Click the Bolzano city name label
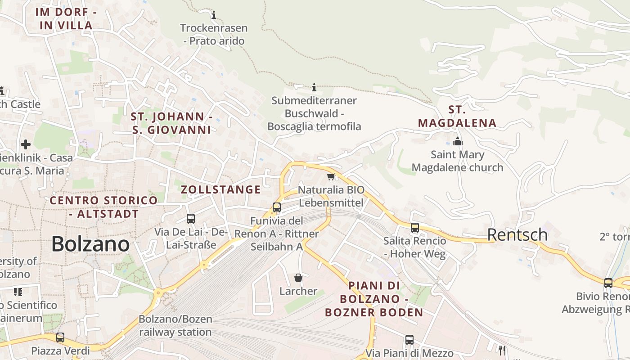point(90,244)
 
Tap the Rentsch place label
point(517,235)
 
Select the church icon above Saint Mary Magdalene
point(458,142)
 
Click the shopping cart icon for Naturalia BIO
point(331,176)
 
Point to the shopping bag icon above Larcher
point(298,278)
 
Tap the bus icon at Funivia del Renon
point(277,207)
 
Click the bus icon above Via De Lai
point(191,219)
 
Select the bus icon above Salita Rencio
point(415,228)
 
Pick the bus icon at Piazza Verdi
point(60,337)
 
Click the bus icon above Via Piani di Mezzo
point(409,340)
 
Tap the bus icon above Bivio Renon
point(608,283)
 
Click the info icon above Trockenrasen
point(214,15)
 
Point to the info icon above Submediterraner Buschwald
point(314,87)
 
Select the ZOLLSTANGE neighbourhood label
point(220,189)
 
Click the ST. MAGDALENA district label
point(457,116)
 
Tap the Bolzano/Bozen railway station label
point(175,326)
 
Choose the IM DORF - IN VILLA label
point(66,19)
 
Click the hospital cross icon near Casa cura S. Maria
point(26,144)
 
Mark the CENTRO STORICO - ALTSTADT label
point(103,207)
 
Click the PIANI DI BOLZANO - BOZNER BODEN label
point(374,299)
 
